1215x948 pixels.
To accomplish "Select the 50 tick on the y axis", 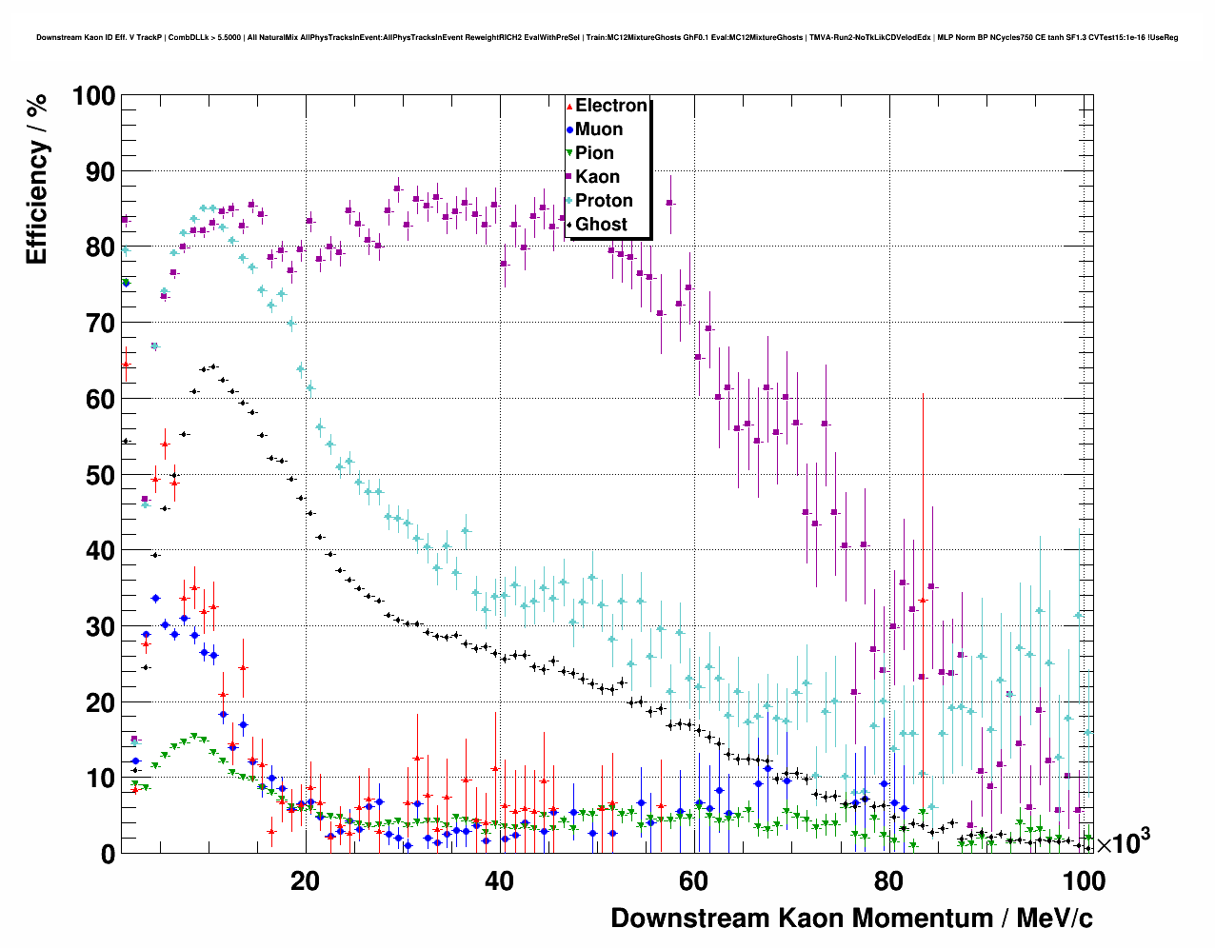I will [99, 475].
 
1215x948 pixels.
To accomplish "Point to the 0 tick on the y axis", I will [107, 854].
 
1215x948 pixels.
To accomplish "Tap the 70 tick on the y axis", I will [99, 324].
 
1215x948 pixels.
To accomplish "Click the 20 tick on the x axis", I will [305, 880].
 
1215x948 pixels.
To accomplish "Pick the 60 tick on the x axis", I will [693, 880].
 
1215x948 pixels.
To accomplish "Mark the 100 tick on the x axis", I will [1083, 880].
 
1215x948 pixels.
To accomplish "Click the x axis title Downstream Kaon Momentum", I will [851, 918].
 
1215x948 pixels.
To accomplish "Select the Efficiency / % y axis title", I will [36, 178].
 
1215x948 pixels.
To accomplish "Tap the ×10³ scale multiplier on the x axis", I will [1124, 843].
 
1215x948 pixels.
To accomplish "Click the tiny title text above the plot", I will [607, 38].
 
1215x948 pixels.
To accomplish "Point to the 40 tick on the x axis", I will [499, 880].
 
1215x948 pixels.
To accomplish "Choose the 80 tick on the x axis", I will [888, 880].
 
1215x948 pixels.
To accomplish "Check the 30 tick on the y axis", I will [99, 626].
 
